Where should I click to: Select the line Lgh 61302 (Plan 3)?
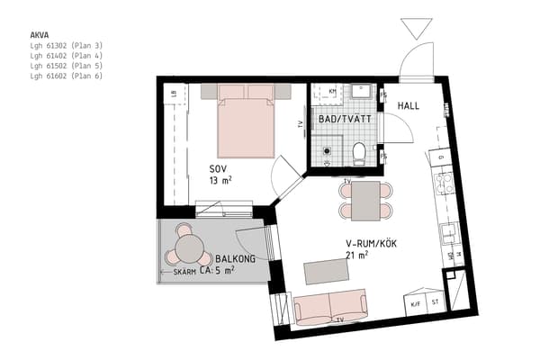pos(67,45)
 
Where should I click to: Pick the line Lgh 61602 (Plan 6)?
pos(67,76)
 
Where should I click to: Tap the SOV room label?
pos(218,169)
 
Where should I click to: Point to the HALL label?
pos(409,106)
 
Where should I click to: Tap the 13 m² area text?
pos(220,181)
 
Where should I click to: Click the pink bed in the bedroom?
pos(246,126)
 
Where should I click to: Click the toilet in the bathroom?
pos(358,153)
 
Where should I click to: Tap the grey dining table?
pos(366,201)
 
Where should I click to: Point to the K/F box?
pos(415,303)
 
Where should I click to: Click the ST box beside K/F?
pos(436,303)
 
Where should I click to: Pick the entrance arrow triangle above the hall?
pos(417,27)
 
